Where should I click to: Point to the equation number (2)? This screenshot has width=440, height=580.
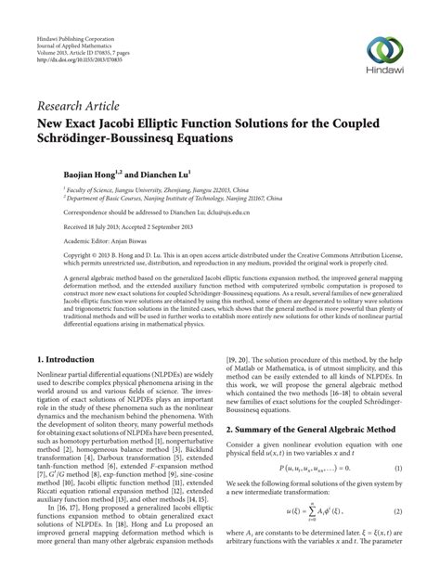tap(396, 537)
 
